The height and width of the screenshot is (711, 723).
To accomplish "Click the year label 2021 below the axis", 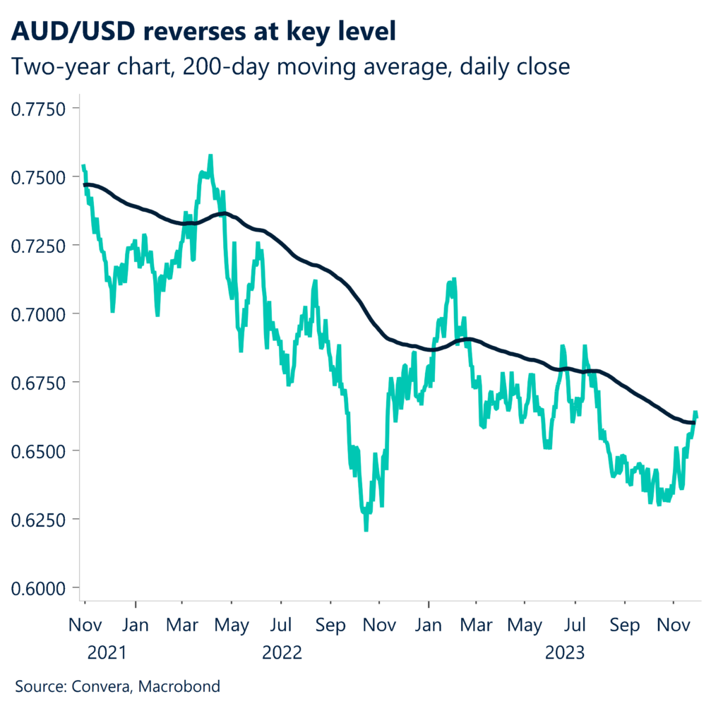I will (107, 653).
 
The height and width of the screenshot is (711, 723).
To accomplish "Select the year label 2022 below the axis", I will (282, 653).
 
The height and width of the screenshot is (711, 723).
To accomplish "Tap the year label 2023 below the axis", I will (565, 653).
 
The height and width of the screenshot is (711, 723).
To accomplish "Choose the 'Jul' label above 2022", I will (282, 626).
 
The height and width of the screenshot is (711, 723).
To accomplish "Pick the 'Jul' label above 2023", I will (575, 626).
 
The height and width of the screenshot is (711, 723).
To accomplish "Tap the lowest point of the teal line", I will (366, 530).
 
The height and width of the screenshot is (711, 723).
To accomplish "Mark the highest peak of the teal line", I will (210, 155).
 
